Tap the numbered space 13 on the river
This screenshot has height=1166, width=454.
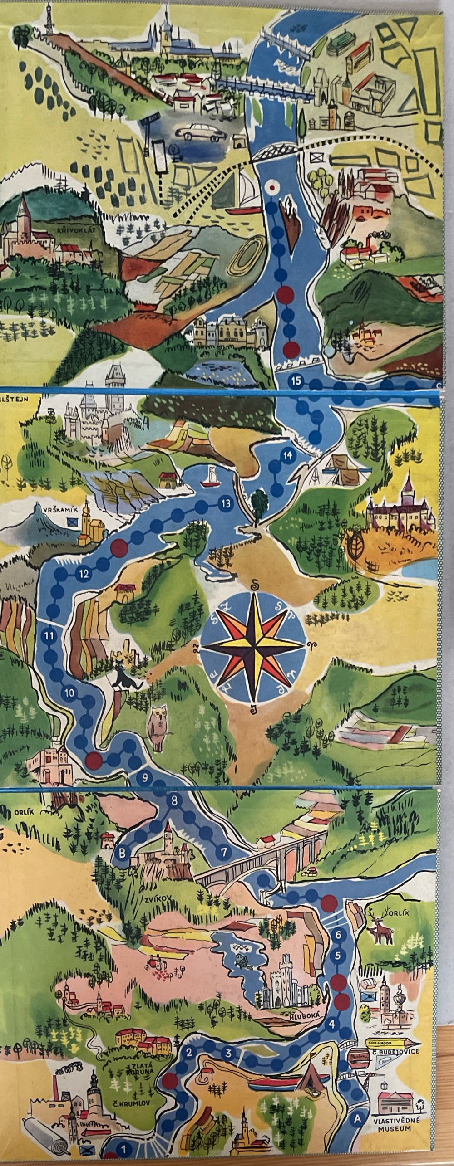227,503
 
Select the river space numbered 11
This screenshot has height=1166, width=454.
50,636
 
